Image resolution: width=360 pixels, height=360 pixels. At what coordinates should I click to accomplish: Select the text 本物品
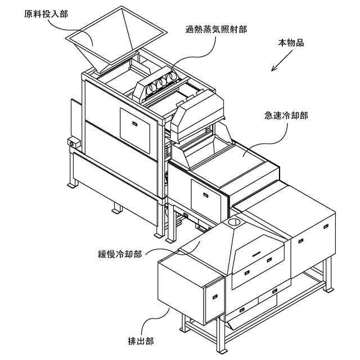pyautogui.click(x=291, y=43)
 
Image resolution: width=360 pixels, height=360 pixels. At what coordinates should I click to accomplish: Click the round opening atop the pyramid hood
pyautogui.click(x=235, y=224)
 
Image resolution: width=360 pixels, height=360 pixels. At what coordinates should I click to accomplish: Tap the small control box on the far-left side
pyautogui.click(x=71, y=144)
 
